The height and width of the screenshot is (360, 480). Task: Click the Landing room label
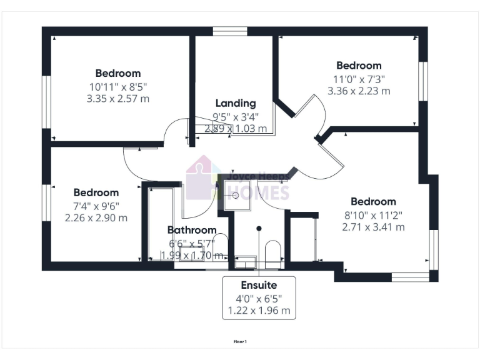click(x=236, y=103)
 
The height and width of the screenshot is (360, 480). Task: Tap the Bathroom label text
click(x=192, y=230)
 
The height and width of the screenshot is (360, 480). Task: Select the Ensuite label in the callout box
click(x=259, y=285)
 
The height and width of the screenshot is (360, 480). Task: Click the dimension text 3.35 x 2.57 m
click(x=118, y=99)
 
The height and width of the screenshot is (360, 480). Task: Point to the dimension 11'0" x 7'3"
click(x=359, y=79)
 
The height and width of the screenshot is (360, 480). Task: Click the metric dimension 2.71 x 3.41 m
click(x=373, y=227)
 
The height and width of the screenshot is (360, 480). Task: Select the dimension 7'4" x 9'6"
click(x=96, y=206)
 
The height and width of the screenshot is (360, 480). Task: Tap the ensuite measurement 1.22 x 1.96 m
click(x=259, y=310)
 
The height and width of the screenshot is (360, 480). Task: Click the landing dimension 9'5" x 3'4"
click(x=236, y=116)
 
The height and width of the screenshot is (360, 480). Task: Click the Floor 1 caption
click(x=240, y=342)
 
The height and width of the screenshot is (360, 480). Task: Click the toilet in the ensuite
click(x=272, y=253)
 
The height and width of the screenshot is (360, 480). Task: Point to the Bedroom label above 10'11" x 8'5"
click(x=118, y=73)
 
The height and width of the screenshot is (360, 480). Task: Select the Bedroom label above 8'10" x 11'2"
click(x=373, y=201)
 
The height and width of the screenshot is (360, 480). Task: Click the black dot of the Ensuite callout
click(x=259, y=229)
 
